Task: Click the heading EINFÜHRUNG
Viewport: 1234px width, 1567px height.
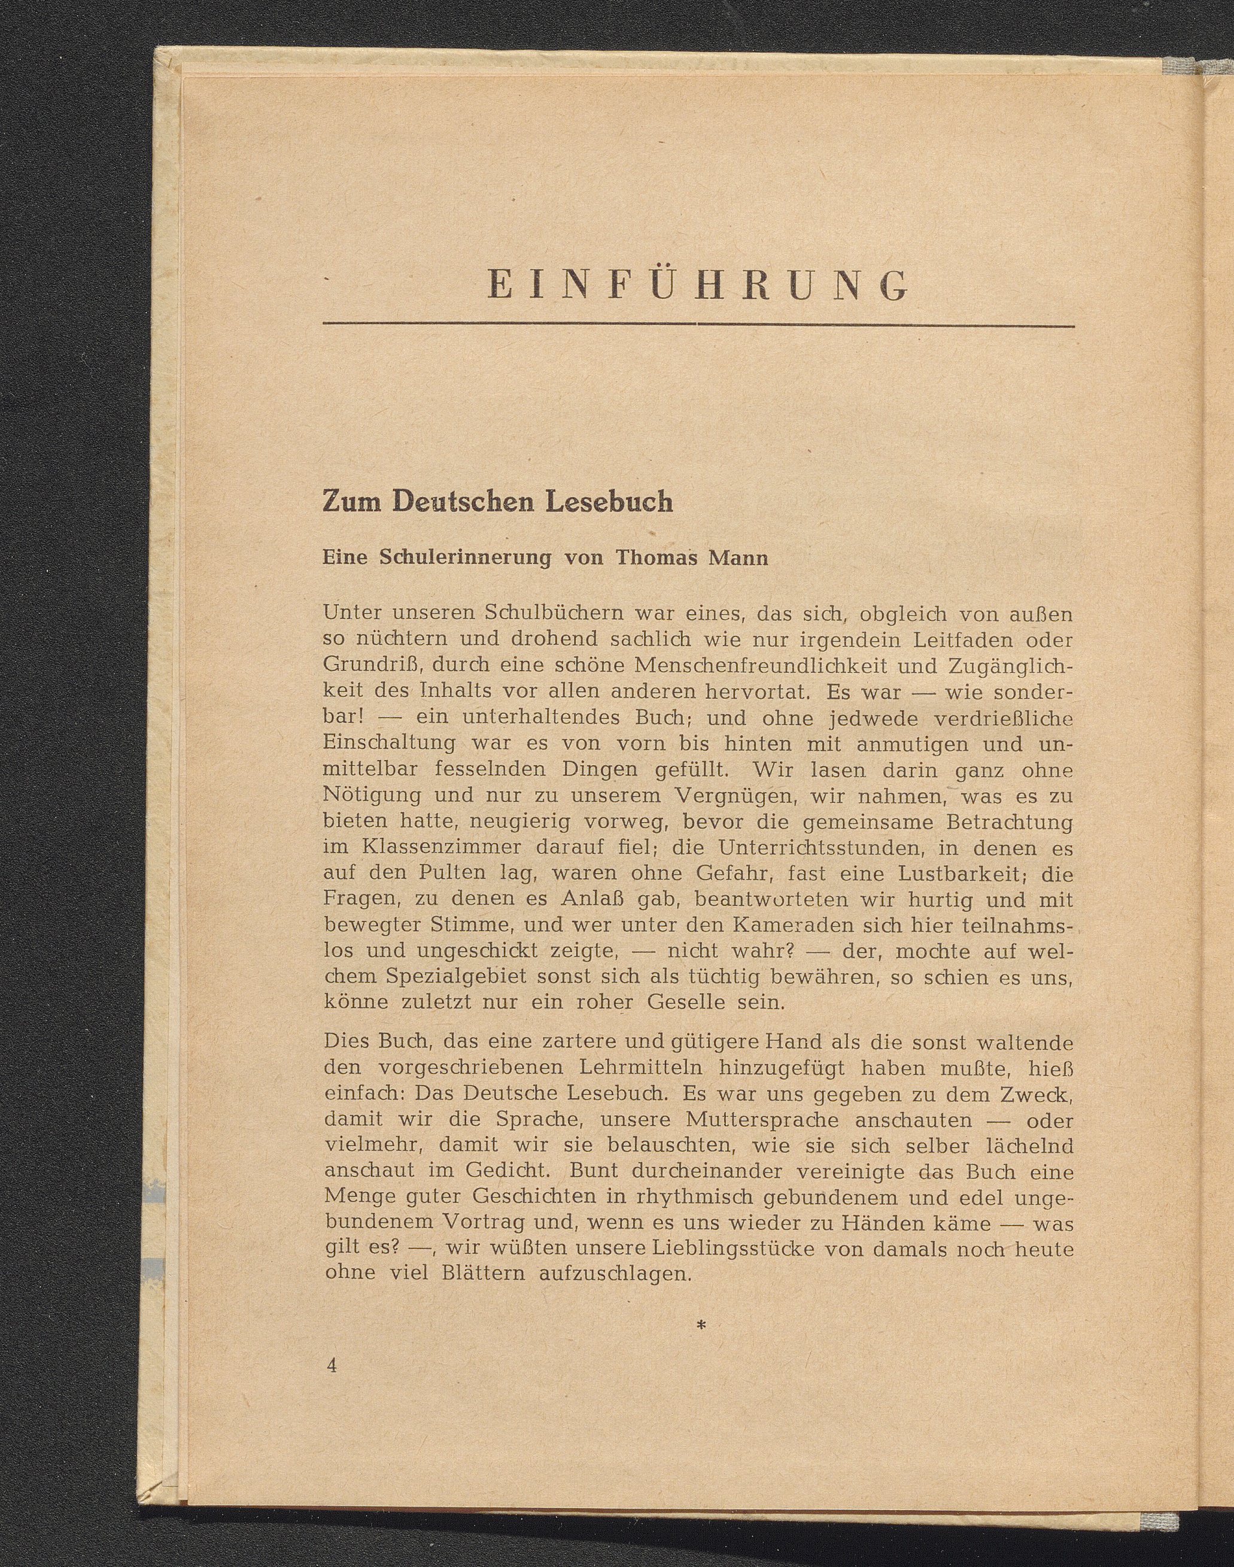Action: tap(698, 286)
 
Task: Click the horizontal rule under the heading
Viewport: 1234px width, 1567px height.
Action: tap(698, 325)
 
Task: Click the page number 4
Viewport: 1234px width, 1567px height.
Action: tap(332, 1365)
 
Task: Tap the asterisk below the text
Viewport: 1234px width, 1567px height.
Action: tap(700, 1325)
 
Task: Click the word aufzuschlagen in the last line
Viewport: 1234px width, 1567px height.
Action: tap(615, 1274)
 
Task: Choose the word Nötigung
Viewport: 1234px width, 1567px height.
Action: tap(372, 796)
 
